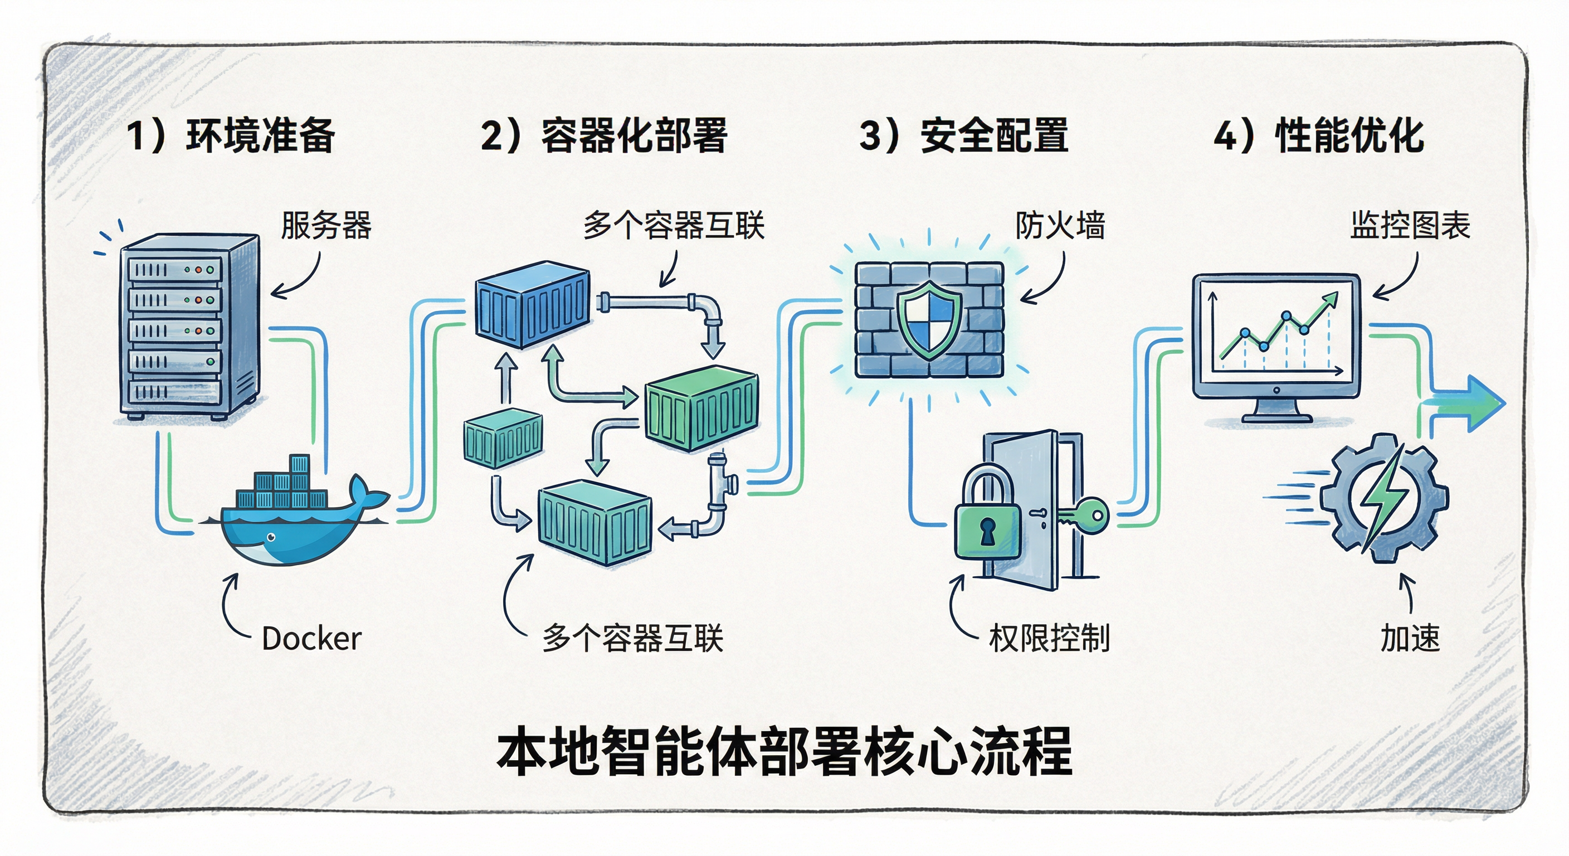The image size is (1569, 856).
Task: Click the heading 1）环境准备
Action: (230, 135)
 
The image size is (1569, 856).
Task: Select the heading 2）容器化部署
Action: (603, 135)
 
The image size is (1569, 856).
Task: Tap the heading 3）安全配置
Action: (963, 135)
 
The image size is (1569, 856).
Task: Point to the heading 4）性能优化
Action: (1319, 135)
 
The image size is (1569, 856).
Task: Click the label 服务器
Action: (326, 225)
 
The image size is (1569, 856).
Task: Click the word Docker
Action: (311, 639)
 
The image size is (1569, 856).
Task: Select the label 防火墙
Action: (1060, 225)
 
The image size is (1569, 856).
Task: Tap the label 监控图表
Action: (1410, 225)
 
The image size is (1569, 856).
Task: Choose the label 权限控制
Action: (1049, 639)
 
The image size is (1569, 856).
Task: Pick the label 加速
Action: (1410, 639)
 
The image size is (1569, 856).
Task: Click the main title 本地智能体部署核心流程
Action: (784, 751)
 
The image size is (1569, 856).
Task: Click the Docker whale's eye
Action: (271, 537)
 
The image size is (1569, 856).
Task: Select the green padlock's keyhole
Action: (987, 531)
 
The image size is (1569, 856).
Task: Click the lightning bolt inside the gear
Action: (1382, 497)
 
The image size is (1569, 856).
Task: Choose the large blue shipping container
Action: (532, 304)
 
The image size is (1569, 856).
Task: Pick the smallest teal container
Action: (503, 437)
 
